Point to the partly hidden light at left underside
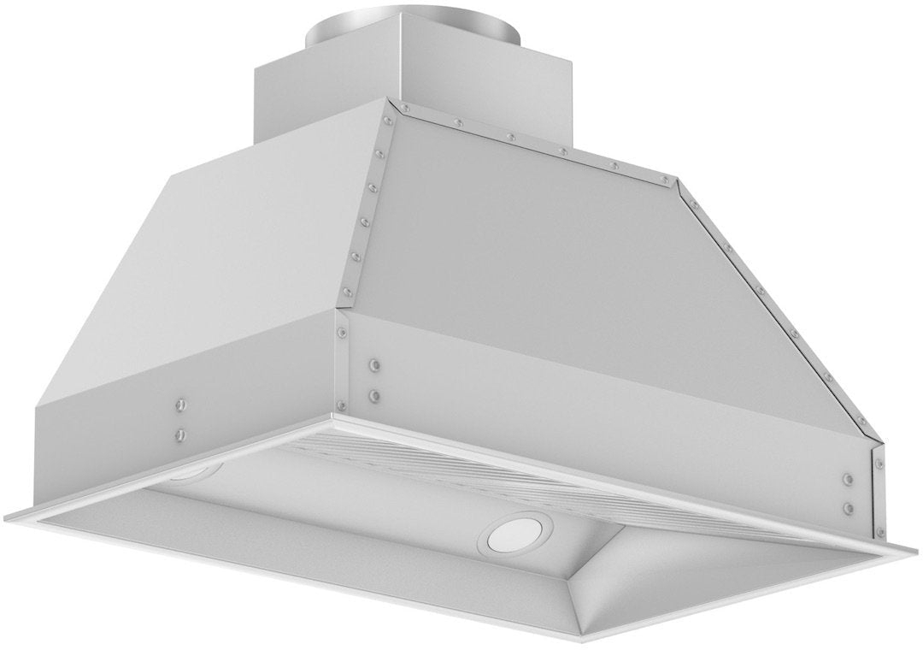(x=195, y=472)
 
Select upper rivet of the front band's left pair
(x=375, y=366)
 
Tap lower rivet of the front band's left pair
(x=375, y=396)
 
